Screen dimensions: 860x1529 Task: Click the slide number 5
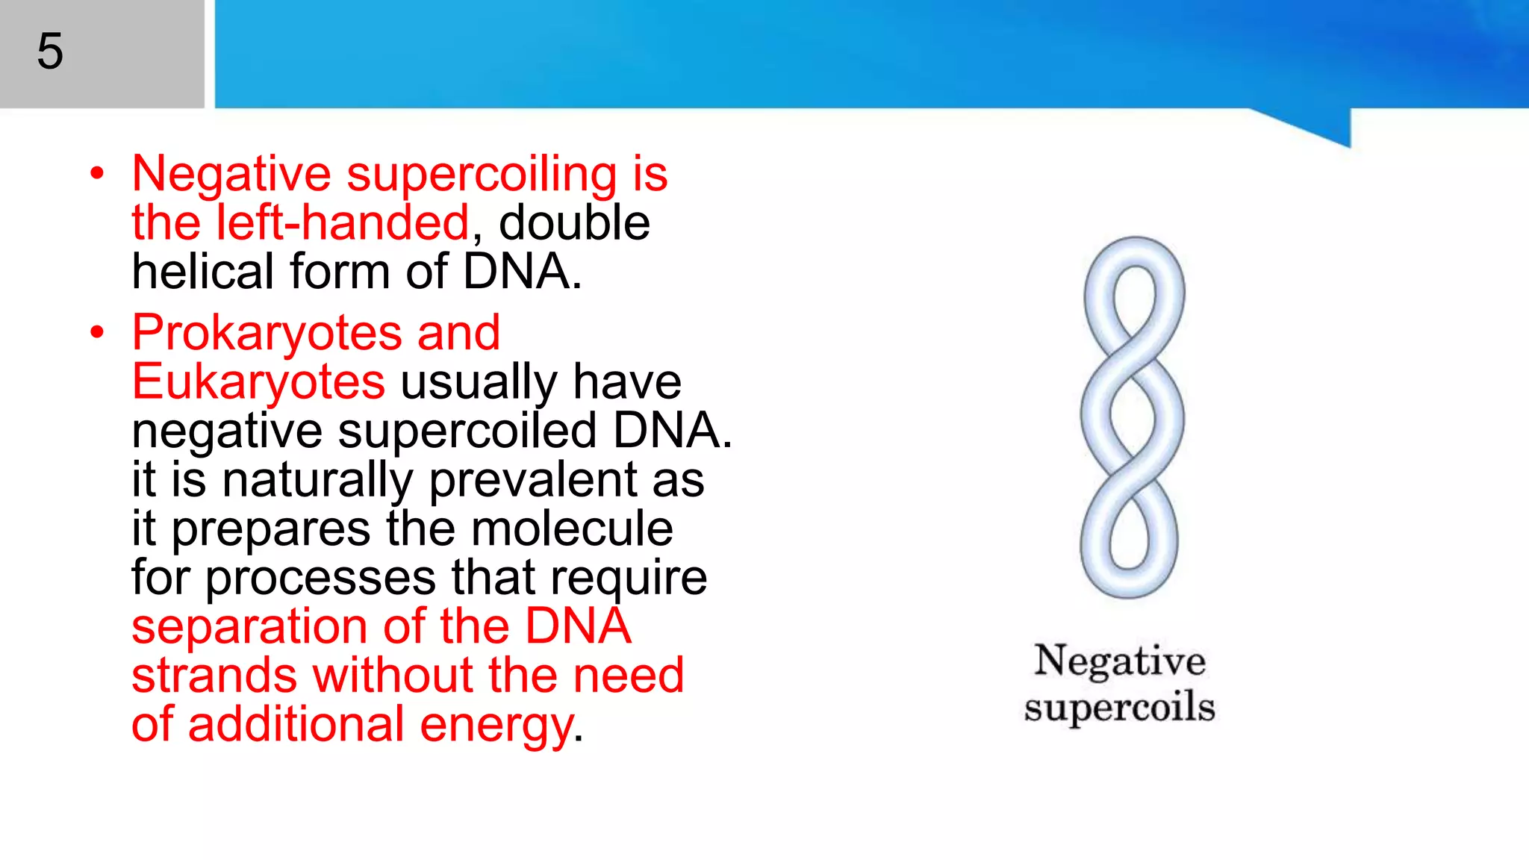50,52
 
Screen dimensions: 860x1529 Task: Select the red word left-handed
342,223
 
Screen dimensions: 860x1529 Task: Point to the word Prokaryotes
267,334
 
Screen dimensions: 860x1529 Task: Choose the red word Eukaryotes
258,382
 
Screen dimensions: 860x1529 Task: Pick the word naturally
317,481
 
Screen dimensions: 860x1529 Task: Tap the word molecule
572,529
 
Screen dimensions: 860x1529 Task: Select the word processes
320,579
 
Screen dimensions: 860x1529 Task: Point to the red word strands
214,676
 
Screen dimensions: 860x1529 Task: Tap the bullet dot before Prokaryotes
97,333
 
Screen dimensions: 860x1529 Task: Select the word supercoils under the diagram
1119,707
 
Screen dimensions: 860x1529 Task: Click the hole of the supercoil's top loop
1134,299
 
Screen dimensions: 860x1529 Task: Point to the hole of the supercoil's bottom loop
1129,536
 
